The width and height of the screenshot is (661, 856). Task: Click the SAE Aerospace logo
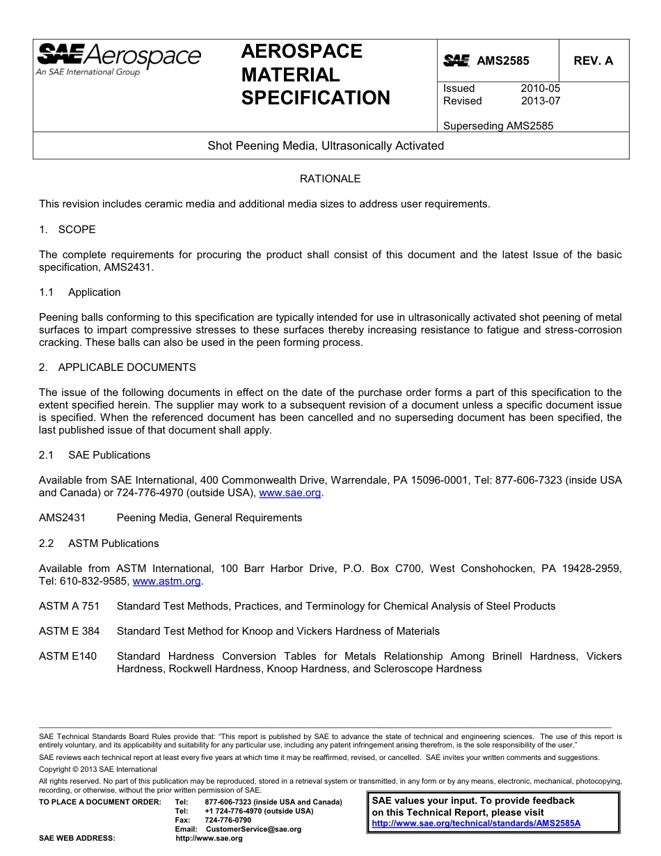(118, 58)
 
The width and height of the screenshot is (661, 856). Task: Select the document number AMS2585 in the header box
(502, 61)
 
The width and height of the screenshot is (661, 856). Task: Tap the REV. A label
(593, 61)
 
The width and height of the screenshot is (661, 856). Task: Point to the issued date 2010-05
(540, 88)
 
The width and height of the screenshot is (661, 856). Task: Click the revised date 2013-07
(540, 101)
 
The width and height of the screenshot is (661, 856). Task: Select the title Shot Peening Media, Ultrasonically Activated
(326, 146)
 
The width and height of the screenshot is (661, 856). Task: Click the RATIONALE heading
(330, 179)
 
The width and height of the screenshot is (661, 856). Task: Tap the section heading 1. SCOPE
(67, 230)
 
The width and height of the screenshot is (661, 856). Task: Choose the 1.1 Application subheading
(80, 292)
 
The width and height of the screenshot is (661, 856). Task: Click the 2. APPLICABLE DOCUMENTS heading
(118, 367)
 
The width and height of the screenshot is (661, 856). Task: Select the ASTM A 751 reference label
(70, 606)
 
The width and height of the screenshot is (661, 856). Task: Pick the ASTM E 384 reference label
(70, 631)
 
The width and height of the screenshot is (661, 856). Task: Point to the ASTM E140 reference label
(68, 656)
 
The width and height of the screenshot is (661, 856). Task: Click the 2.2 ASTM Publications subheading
(99, 544)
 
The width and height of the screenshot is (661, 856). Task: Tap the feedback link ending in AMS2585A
(476, 823)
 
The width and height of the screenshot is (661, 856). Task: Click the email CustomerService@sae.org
(253, 829)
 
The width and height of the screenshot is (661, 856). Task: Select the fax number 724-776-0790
(228, 820)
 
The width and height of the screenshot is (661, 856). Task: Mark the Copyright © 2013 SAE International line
(98, 769)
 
